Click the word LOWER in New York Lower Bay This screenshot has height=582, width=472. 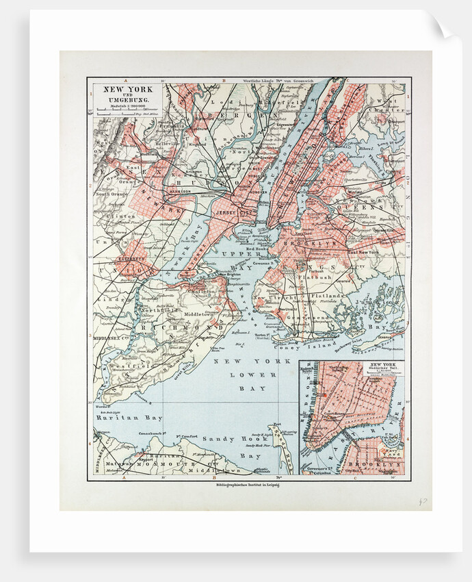pos(246,375)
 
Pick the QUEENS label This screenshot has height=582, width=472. pos(367,206)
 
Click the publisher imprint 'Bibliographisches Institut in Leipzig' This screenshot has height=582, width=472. pos(249,484)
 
